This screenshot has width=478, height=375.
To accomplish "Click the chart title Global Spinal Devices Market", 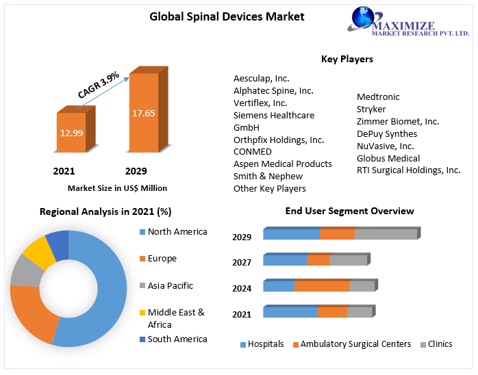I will pyautogui.click(x=227, y=16).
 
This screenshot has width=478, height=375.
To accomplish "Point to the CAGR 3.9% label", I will pyautogui.click(x=99, y=83).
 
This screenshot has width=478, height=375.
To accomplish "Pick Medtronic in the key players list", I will pyautogui.click(x=378, y=97).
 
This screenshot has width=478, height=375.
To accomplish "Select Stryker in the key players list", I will pyautogui.click(x=371, y=109).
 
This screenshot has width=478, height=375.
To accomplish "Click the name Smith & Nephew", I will pyautogui.click(x=268, y=176).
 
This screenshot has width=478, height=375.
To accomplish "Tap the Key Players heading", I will pyautogui.click(x=347, y=60).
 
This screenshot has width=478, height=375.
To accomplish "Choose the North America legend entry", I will pyautogui.click(x=177, y=232).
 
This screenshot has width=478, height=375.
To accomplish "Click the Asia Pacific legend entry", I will pyautogui.click(x=170, y=285).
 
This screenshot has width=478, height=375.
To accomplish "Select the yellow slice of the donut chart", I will pyautogui.click(x=38, y=252).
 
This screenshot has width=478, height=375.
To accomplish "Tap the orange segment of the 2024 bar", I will pyautogui.click(x=322, y=287).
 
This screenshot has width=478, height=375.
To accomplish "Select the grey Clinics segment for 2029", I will pyautogui.click(x=386, y=235).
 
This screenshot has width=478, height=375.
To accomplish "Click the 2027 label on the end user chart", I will pyautogui.click(x=242, y=263).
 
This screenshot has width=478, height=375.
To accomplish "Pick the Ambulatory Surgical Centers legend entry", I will pyautogui.click(x=355, y=344).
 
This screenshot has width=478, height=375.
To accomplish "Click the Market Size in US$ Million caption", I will pyautogui.click(x=117, y=188).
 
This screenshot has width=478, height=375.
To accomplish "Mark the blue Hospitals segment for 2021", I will pyautogui.click(x=290, y=313).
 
